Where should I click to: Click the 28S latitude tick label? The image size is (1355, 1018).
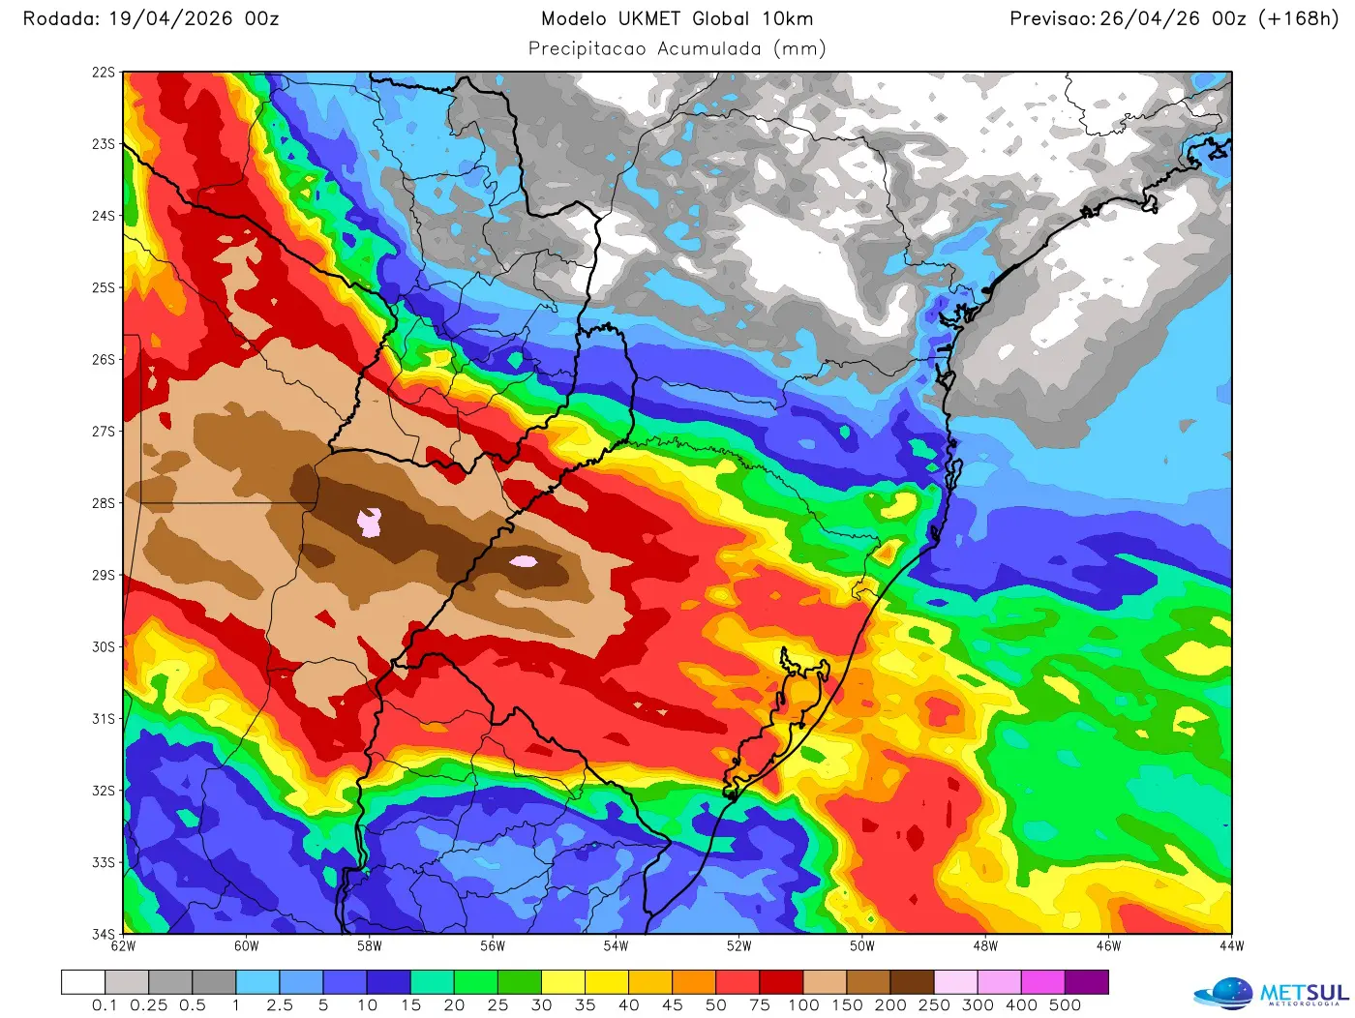103,503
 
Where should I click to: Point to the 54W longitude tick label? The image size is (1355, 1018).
616,946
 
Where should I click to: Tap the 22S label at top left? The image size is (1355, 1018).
103,73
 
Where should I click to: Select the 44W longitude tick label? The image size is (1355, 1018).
1231,946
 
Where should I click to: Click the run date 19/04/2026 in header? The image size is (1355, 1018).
168,18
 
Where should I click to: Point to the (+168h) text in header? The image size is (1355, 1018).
1297,18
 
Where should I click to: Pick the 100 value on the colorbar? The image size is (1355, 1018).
803,1005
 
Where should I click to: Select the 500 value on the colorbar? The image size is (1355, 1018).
1065,1005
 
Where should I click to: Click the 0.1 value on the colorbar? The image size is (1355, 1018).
105,1005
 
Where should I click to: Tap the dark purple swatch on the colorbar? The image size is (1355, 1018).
1086,982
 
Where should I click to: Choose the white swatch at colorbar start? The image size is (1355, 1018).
83,982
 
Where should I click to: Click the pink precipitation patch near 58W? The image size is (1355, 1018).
370,522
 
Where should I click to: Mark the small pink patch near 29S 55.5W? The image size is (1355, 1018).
524,561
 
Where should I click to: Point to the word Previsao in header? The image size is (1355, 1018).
1052,18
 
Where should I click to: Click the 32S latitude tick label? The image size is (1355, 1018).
103,791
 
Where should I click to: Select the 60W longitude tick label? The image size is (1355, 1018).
246,946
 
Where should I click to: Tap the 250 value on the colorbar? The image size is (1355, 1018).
934,1005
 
